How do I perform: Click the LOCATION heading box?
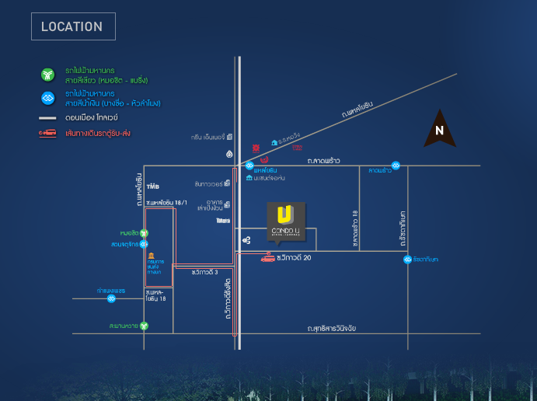click(x=73, y=26)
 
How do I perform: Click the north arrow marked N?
click(x=439, y=133)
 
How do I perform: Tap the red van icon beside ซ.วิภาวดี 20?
click(x=267, y=259)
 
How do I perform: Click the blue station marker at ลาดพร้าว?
click(x=396, y=166)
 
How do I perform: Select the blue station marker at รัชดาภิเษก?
click(x=407, y=260)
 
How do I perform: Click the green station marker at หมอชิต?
click(x=144, y=232)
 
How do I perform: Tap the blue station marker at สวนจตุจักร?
click(x=144, y=244)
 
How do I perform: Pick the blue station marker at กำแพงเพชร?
click(x=112, y=298)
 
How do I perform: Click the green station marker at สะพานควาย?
click(x=144, y=326)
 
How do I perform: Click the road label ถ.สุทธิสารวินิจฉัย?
click(x=341, y=330)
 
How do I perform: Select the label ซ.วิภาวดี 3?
click(x=206, y=272)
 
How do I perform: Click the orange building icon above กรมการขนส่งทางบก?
click(x=150, y=256)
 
